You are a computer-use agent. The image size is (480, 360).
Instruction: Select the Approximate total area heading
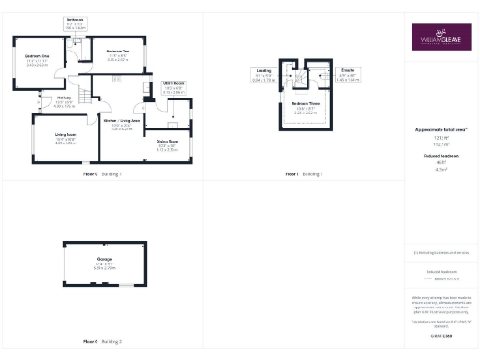coord(441,128)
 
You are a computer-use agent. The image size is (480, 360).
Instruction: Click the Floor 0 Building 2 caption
coord(102,341)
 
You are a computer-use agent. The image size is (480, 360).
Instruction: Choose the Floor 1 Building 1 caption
coord(305,173)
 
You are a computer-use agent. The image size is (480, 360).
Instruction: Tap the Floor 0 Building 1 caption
coord(102,173)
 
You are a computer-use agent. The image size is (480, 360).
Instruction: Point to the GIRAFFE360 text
coord(441,334)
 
